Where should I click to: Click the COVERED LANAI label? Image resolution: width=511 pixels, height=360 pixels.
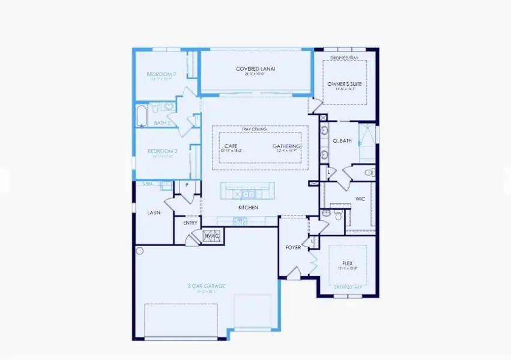pos(255,69)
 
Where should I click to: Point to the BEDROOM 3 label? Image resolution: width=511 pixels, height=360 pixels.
pos(162,151)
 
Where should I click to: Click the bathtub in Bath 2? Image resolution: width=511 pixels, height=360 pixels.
pos(142,116)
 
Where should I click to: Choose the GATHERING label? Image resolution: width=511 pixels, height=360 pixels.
pos(286,146)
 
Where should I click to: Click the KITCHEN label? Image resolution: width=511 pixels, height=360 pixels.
pos(248,207)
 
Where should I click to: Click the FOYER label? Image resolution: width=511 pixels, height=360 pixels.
pos(293,247)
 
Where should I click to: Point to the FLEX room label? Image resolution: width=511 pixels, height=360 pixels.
pos(346,262)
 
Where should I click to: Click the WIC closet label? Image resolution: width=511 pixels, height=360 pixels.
pos(360,198)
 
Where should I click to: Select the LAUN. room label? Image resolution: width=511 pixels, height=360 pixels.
pos(153,212)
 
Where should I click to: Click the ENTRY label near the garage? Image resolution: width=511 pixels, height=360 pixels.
pos(190,223)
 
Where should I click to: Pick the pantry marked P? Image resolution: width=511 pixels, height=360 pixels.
pos(187,185)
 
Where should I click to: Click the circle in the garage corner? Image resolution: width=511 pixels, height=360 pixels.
pos(139,251)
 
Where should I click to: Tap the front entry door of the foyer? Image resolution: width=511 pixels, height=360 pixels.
pos(292,274)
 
